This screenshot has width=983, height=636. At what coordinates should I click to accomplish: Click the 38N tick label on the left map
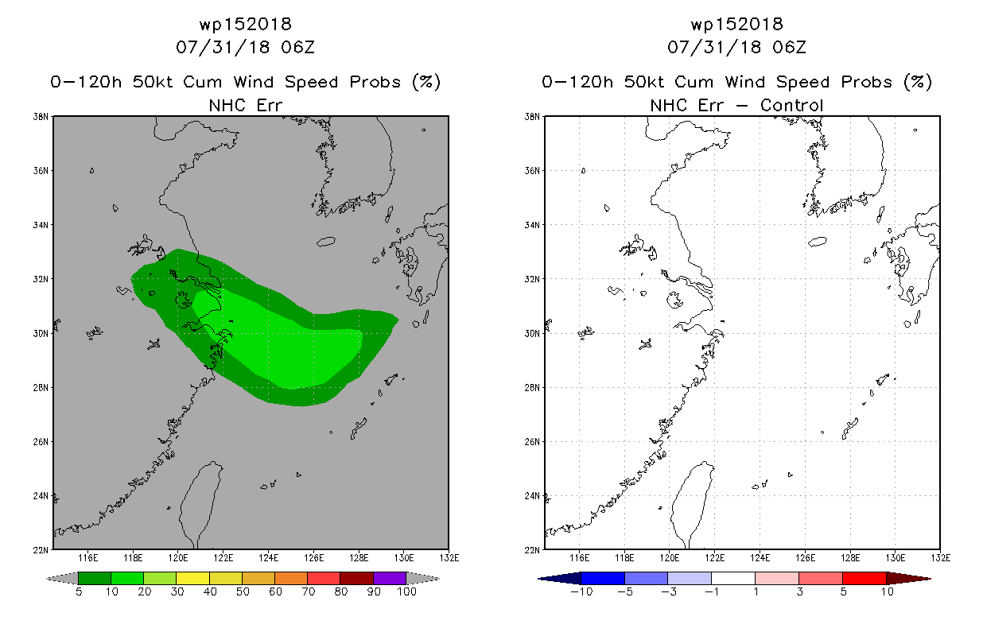point(41,117)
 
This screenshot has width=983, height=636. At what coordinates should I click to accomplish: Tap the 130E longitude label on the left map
point(404,558)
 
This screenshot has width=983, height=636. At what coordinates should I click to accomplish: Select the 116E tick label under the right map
point(579,558)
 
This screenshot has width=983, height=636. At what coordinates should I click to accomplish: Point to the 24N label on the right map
point(532,495)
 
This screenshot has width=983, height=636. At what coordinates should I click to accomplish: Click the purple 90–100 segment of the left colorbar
point(390,578)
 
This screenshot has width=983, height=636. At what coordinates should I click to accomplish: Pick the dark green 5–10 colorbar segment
point(95,578)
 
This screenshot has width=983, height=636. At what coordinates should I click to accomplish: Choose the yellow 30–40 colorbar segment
point(192,578)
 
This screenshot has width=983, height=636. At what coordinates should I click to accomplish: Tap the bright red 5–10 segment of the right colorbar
point(864,578)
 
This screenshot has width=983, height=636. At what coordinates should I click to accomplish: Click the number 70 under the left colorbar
point(309,591)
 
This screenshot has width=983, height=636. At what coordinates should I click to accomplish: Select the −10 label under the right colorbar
point(581,591)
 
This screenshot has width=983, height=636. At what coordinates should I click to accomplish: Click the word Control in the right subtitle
point(791,105)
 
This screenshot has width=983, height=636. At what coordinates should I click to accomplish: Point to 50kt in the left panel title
point(153,82)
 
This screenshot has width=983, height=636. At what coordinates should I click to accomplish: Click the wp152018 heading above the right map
point(737,24)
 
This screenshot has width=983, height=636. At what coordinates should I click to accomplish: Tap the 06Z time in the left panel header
point(298,47)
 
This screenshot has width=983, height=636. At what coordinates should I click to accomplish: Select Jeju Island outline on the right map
point(818,241)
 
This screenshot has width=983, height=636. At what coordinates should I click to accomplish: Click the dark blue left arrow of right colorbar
point(559,578)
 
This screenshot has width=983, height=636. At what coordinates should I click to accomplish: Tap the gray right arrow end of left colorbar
point(423,578)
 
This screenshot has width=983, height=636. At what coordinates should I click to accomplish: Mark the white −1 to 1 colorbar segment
point(733,578)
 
